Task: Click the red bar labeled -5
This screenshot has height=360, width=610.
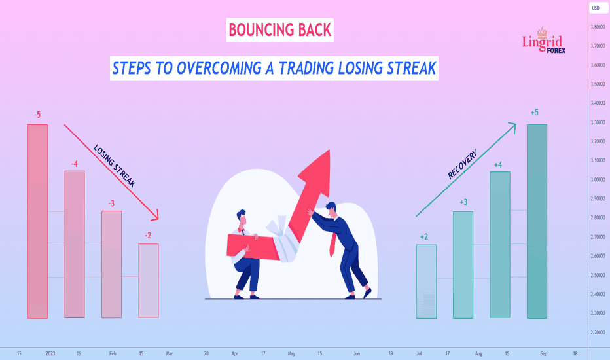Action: (38, 221)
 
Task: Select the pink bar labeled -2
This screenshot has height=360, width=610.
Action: (149, 281)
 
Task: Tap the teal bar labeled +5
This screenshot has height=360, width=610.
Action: (537, 221)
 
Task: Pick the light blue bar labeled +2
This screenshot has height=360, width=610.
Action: (426, 281)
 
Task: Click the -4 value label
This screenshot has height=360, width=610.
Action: (75, 164)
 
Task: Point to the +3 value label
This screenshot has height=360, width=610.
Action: (463, 202)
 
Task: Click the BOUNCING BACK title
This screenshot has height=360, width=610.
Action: (279, 30)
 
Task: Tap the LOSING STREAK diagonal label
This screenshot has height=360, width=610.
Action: (115, 166)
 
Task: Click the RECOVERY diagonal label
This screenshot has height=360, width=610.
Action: (462, 164)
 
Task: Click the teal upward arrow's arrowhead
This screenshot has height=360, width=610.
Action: (512, 127)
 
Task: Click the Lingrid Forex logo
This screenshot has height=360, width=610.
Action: (543, 41)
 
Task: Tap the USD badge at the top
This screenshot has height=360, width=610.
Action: (596, 8)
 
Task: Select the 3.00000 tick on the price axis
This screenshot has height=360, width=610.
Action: (598, 179)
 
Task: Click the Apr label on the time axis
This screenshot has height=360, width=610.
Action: (234, 353)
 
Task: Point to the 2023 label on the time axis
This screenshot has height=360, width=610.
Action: (50, 353)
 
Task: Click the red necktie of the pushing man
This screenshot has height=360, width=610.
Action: (332, 244)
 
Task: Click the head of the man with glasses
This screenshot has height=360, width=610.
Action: (242, 218)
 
